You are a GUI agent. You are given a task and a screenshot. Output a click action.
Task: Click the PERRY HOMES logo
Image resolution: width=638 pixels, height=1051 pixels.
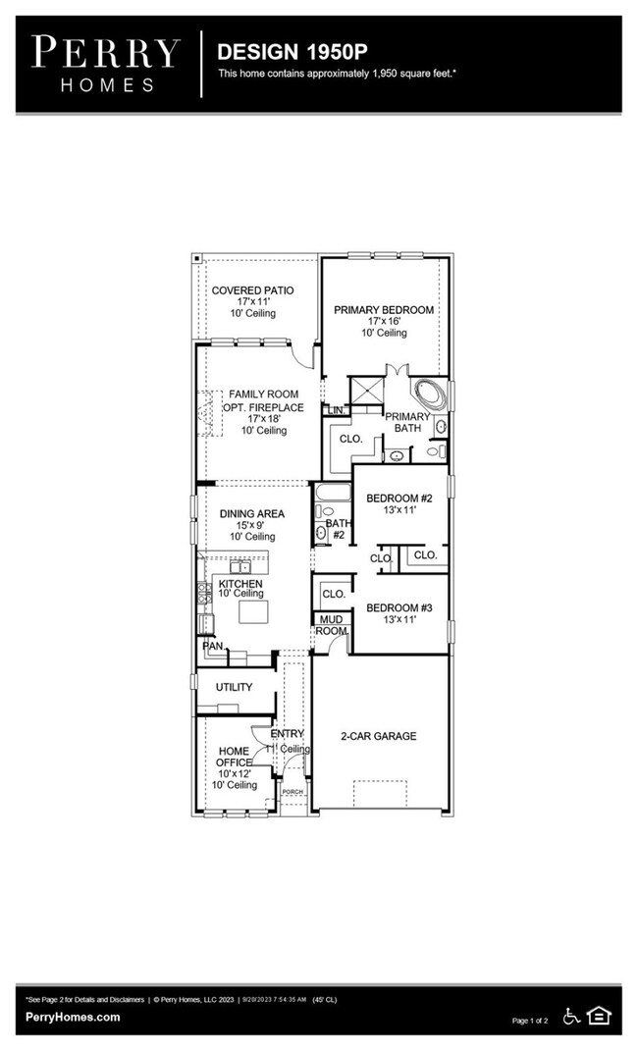pos(106,63)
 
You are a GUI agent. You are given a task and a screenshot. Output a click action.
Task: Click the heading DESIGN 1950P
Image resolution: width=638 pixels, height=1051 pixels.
pos(280,50)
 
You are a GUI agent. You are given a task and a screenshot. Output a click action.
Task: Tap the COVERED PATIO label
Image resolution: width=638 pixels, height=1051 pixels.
pos(252,290)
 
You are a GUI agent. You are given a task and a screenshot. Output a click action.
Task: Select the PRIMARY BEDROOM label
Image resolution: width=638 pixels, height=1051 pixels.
pos(383,310)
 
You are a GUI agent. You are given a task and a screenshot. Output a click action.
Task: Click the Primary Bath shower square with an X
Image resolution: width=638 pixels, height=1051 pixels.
pos(366,390)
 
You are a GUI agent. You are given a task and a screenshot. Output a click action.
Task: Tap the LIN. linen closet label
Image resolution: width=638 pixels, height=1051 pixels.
pos(337,410)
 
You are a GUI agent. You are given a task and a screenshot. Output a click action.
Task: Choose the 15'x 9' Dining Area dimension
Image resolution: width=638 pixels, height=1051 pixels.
pos(246,525)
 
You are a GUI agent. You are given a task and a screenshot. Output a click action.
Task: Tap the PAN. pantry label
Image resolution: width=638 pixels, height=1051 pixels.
pos(212,646)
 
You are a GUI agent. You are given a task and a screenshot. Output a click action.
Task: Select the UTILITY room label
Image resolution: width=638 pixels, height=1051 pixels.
pos(234,687)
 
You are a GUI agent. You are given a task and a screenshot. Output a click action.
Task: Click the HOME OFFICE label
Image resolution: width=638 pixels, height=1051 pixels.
pos(233,758)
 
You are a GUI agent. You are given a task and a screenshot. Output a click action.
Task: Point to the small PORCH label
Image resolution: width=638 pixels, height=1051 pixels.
pos(292,791)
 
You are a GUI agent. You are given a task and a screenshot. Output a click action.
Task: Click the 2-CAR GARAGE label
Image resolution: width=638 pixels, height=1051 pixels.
pos(378,736)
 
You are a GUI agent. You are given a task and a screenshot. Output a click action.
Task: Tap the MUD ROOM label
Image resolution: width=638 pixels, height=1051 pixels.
pos(331,625)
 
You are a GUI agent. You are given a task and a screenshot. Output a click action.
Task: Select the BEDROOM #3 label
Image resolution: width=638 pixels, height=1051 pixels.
pos(399,608)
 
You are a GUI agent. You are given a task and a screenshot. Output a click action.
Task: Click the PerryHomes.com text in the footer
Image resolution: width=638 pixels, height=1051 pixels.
pos(73,1017)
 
